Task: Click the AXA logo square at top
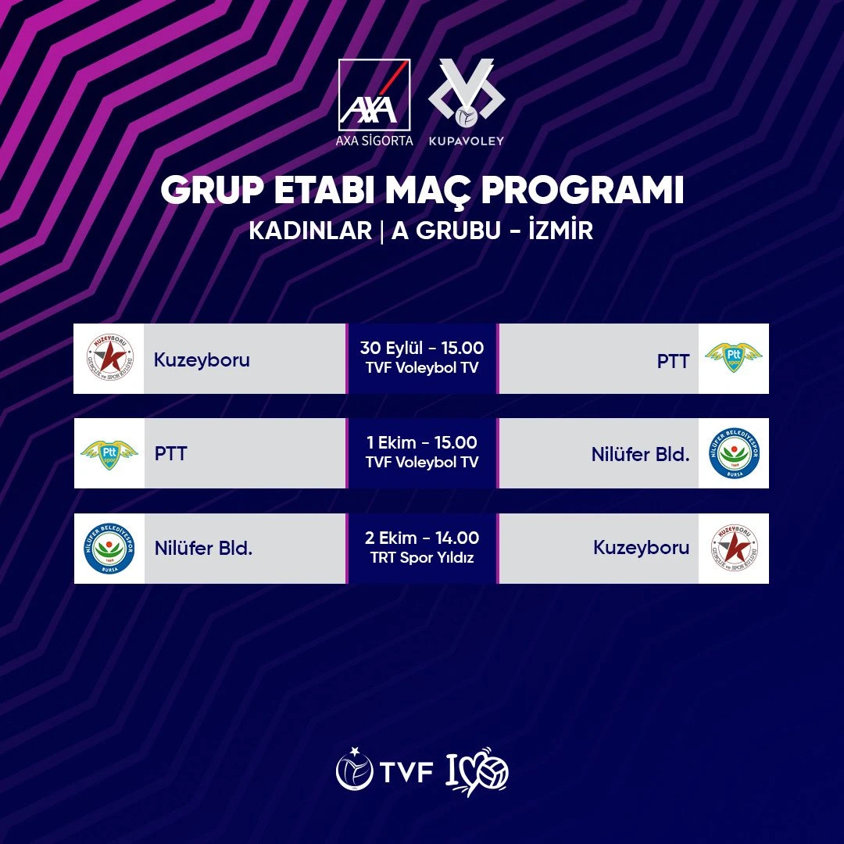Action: point(374,95)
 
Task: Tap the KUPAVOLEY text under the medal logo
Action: point(467,141)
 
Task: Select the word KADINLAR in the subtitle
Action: point(310,232)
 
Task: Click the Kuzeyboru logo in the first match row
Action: point(109,359)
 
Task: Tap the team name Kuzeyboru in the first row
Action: point(202,360)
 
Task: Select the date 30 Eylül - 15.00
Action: point(422,348)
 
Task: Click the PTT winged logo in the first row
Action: point(733,358)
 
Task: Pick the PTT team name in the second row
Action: point(170,453)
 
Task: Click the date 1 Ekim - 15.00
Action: point(422,443)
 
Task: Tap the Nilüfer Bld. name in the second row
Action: point(640,454)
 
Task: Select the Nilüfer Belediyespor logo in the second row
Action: point(734,453)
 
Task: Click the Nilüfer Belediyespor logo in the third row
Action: point(109,549)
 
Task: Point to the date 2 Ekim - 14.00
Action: point(422,538)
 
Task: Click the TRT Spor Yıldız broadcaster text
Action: point(422,558)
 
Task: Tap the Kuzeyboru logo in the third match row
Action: point(734,549)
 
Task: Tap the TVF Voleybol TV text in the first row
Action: point(422,367)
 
